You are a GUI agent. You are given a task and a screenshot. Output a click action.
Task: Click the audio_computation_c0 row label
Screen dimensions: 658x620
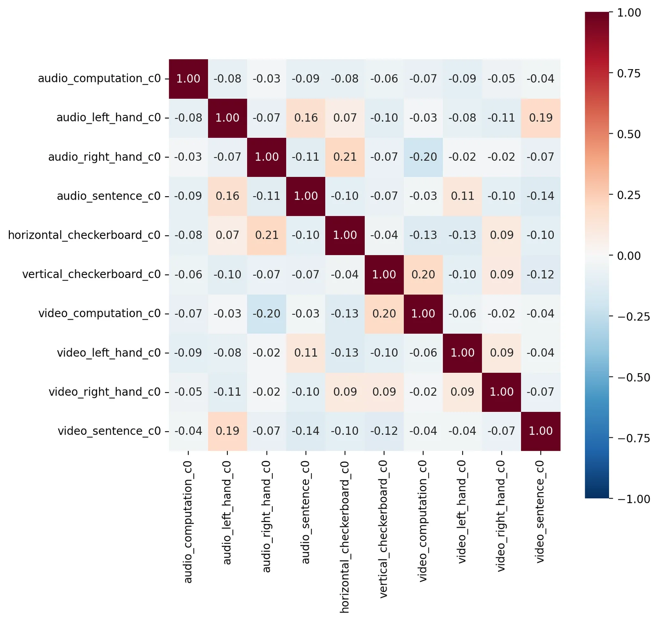100,78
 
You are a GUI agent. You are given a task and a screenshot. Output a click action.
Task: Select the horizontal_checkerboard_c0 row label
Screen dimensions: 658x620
84,235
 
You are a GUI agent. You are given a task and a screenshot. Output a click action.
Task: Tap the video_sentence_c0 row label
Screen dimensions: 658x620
109,431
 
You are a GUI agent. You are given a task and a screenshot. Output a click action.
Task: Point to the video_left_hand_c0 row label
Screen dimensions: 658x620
109,353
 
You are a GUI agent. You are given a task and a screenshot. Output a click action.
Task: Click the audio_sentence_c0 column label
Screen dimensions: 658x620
306,513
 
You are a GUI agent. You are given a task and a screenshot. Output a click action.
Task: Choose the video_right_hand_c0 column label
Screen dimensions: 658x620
501,516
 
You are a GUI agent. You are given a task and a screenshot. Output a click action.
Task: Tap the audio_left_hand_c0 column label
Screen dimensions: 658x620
227,513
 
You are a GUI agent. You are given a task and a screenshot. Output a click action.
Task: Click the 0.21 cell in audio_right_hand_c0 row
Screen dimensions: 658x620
345,157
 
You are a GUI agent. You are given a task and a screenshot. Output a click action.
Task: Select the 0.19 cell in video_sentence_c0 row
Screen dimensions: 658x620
227,431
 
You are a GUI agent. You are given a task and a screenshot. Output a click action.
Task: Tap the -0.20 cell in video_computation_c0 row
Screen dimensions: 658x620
266,313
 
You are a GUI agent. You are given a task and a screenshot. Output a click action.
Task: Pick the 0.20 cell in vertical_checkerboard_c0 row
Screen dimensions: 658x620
423,274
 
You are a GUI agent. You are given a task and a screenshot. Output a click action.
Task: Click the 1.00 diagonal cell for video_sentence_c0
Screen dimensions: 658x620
540,431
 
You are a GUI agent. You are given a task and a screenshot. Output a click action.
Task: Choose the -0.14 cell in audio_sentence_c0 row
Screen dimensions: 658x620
540,196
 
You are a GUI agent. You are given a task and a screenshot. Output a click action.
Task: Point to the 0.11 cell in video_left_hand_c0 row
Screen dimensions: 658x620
306,353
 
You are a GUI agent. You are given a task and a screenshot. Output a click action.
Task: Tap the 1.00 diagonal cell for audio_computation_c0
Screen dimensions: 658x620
188,78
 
